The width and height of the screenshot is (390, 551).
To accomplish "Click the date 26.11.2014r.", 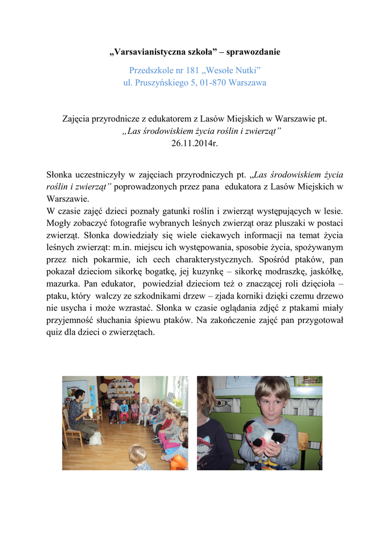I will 195,143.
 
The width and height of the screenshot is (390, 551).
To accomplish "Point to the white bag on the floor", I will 96,439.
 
